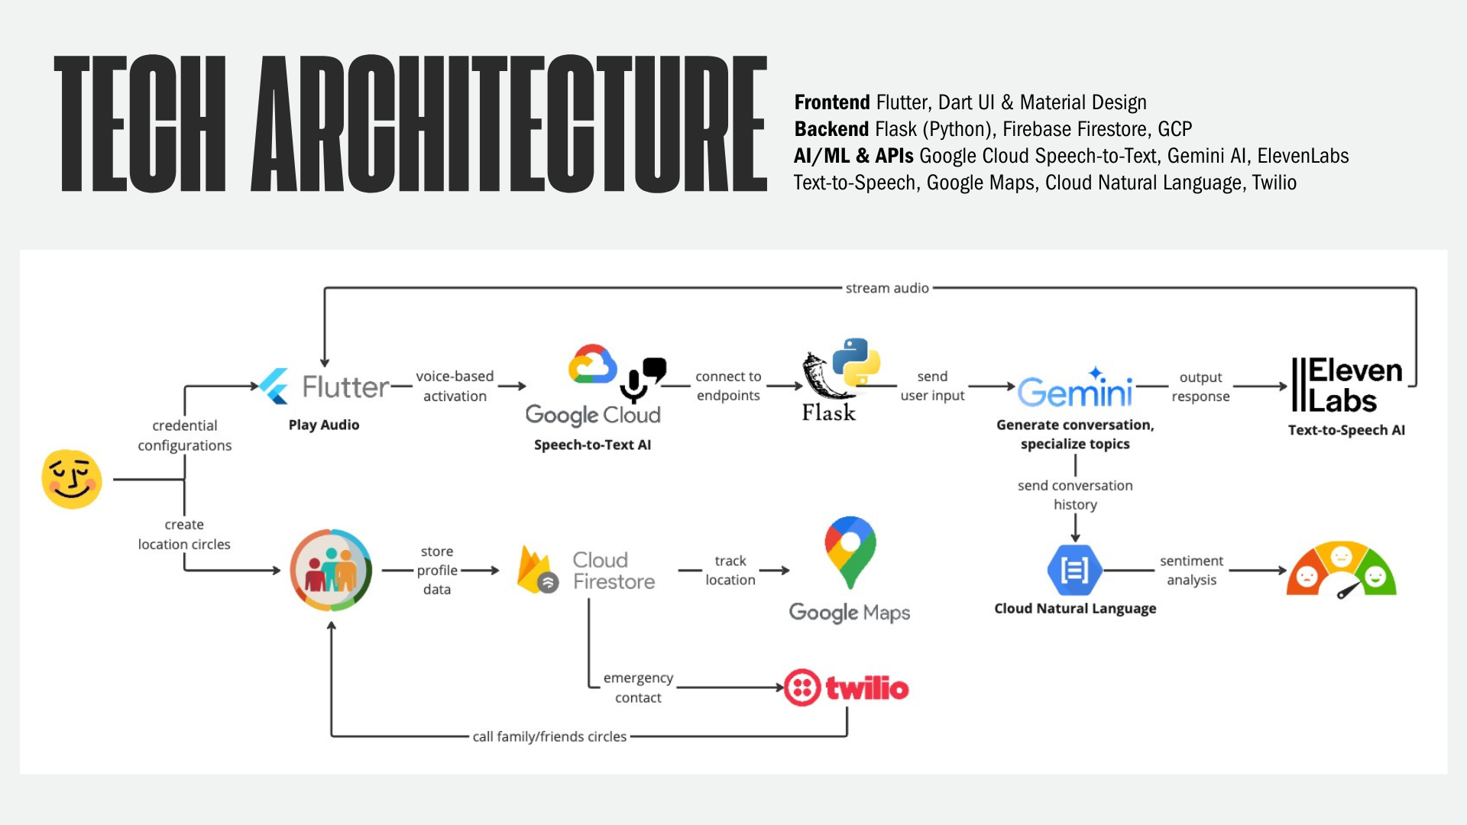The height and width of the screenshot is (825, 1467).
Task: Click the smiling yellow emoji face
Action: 72,479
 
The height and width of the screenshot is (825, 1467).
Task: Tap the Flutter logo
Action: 324,387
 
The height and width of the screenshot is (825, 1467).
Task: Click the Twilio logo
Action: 847,688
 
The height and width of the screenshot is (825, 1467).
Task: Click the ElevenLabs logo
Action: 1347,385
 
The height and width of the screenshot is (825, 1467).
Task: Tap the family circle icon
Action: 331,570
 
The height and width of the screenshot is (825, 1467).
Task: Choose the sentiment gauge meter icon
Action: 1342,570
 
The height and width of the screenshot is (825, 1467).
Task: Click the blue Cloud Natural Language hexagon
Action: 1074,570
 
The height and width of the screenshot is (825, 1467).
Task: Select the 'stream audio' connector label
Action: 887,288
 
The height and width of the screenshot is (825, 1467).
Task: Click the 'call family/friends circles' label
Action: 549,736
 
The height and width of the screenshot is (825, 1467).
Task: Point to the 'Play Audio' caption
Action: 324,425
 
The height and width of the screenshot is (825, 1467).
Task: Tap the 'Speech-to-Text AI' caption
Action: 592,445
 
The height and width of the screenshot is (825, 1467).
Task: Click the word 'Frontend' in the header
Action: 832,102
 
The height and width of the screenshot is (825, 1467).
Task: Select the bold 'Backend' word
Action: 831,129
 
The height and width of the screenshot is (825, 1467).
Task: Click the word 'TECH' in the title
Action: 141,123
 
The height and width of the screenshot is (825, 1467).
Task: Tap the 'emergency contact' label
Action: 638,687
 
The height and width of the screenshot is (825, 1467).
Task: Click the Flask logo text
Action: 829,412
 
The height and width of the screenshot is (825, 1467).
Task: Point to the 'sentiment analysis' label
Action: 1191,570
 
